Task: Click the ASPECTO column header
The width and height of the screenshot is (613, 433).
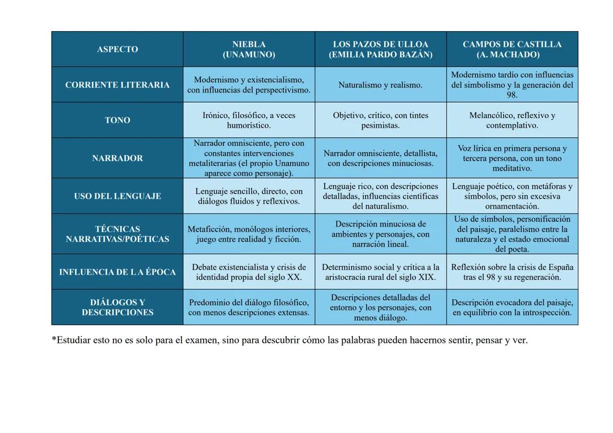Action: [117, 49]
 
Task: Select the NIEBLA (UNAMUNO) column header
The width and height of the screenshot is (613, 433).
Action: [249, 49]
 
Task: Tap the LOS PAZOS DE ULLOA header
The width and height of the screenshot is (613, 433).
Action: [380, 49]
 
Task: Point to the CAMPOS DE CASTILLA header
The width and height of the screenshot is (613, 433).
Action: [512, 49]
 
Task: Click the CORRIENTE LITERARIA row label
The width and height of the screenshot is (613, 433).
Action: [117, 85]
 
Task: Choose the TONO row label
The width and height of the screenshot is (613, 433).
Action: [117, 120]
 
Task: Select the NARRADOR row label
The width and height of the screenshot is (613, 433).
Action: [117, 158]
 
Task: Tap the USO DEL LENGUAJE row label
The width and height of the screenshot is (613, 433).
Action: [117, 196]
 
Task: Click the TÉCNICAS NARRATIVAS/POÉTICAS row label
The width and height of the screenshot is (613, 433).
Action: [117, 234]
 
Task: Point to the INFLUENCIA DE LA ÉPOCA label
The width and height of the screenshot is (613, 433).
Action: [117, 272]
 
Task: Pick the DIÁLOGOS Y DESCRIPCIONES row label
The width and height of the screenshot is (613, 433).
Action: [117, 308]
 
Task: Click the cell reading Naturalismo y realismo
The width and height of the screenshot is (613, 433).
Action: [380, 85]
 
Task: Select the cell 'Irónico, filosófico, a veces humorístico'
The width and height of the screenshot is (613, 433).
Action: [249, 120]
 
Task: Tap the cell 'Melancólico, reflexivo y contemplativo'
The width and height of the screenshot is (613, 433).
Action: [512, 120]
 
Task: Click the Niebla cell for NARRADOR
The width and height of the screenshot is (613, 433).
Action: [249, 158]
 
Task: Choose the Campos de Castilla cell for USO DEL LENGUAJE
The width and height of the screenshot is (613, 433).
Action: [512, 196]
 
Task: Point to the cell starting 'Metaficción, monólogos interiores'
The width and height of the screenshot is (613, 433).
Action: [249, 234]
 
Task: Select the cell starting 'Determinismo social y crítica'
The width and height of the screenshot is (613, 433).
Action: [380, 272]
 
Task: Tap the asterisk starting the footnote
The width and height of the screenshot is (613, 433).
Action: [54, 339]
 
